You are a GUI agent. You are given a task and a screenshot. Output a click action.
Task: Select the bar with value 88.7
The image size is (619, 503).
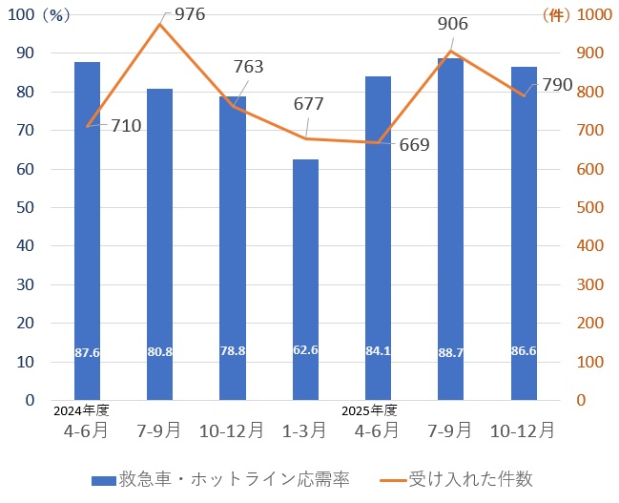coord(450,229)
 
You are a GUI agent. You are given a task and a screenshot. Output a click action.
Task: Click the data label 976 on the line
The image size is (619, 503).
coord(189,14)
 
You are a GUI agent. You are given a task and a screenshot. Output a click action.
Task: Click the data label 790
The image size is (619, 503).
coord(556,86)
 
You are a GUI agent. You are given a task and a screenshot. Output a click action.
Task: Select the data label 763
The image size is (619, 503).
coord(247,67)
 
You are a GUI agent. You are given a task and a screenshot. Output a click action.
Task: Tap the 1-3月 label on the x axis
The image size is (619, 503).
coord(305,430)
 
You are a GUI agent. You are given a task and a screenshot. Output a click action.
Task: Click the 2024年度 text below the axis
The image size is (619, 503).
coord(82,411)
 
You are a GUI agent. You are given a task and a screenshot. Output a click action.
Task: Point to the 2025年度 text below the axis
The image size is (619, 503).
coord(370,411)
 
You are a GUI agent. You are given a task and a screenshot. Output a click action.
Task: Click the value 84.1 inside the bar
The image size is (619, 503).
coord(378,351)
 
